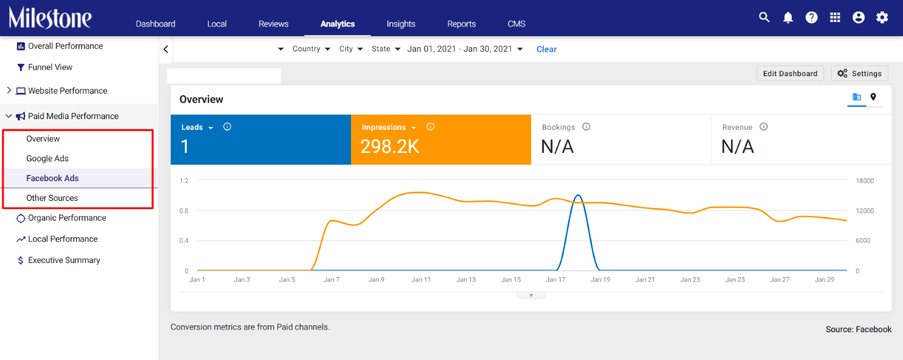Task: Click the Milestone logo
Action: pos(50,18)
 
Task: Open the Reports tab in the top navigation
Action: pos(461,24)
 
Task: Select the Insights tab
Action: pos(401,24)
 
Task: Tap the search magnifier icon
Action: pos(764,17)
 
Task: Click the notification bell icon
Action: pos(788,17)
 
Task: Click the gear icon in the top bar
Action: pos(882,17)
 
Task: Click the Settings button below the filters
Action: pos(859,73)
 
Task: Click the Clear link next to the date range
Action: pos(546,49)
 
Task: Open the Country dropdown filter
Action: pos(311,49)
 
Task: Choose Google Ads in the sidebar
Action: pos(47,159)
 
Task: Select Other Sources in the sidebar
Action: pos(52,198)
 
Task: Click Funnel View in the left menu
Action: pos(50,67)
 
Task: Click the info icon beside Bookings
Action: pos(586,126)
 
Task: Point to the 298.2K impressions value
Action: pos(389,146)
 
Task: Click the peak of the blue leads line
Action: pos(578,195)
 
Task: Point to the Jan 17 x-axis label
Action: pos(555,279)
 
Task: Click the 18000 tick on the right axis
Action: pos(865,181)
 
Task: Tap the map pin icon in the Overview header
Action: pos(873,96)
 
